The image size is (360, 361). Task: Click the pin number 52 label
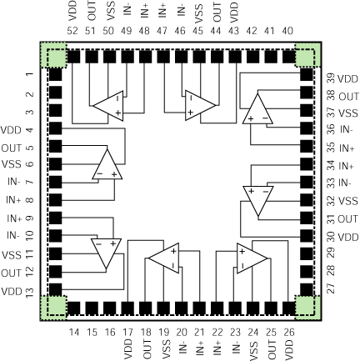72,31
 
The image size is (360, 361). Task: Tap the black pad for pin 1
55,74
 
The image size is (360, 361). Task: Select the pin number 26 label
289,332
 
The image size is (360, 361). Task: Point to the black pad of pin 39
307,74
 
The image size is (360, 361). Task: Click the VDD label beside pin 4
11,130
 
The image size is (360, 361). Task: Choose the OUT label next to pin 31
347,219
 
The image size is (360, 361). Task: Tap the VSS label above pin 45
198,12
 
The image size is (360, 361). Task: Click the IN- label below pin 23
235,348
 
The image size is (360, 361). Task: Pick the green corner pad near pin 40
308,55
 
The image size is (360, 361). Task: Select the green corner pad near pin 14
54,308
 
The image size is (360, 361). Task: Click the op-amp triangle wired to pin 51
107,106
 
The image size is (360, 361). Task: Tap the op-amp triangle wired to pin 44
200,105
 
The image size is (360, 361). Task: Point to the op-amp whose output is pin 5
107,164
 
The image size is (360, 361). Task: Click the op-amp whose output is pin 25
252,258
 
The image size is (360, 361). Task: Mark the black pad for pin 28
307,272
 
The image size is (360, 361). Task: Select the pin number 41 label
269,31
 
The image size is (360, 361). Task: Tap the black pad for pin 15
92,308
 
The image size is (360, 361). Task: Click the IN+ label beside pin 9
14,218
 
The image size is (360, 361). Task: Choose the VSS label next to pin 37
348,113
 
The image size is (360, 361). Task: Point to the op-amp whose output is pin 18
163,258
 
